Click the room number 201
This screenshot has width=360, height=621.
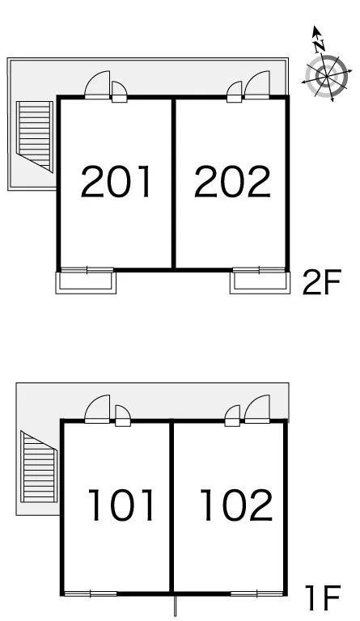(x=116, y=182)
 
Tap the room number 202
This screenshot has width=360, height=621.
(x=232, y=182)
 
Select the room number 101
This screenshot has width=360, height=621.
(x=121, y=505)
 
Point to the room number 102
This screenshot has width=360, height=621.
(x=237, y=505)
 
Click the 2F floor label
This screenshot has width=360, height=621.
(x=321, y=282)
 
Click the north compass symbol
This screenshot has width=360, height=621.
(x=327, y=75)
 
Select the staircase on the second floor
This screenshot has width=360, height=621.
(x=35, y=136)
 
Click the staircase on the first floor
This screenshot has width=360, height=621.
(x=39, y=467)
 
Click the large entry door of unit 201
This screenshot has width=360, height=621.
(x=97, y=85)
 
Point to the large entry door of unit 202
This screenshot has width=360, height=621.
(x=257, y=85)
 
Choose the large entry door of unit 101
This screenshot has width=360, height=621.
(x=97, y=409)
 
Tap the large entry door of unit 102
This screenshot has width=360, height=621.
(x=257, y=409)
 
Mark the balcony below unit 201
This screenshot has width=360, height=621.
(x=86, y=281)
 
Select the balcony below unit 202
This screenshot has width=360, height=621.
(x=260, y=281)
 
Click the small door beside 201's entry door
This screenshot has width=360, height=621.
(x=119, y=92)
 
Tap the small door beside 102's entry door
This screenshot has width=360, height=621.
(x=232, y=416)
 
